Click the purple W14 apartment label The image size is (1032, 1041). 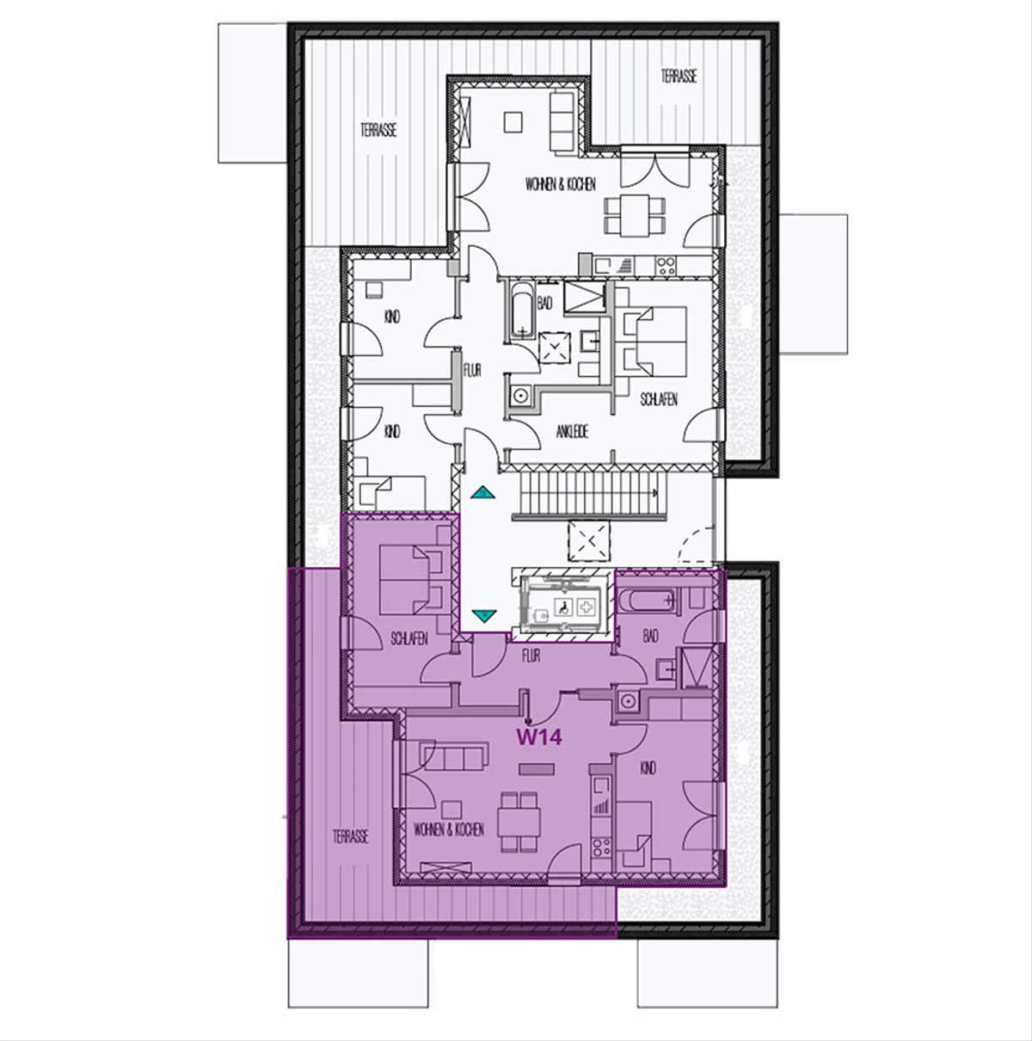pos(539,736)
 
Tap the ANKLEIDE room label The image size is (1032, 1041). pos(572,431)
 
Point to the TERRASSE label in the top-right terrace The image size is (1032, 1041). pos(679,77)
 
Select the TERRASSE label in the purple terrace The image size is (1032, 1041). pos(351,837)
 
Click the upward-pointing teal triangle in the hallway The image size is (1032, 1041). pos(482,492)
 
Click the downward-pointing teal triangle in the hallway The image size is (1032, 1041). pos(483,614)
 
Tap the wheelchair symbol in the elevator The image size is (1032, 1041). pos(563,607)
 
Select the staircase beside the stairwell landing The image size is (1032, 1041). pos(586,493)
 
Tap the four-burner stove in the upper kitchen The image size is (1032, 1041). pos(665,265)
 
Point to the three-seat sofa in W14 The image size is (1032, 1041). pos(453,756)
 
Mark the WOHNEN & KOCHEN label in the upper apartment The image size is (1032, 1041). pos(560,184)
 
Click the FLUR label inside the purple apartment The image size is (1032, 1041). pos(531,656)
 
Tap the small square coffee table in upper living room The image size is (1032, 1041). pos(513,122)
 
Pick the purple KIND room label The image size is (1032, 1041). pos(648,767)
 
